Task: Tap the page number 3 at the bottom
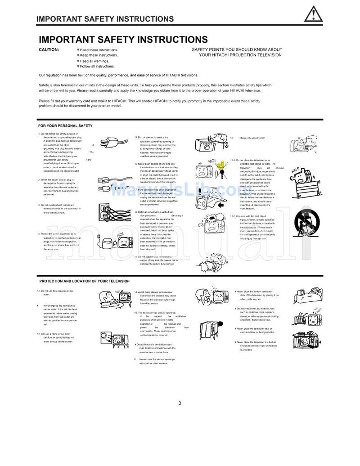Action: tap(180, 403)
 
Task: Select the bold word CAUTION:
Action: tap(49, 49)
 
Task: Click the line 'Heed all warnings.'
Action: tap(94, 61)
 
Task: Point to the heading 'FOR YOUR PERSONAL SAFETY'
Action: tap(65, 125)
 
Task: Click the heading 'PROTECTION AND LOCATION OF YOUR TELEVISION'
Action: tap(85, 281)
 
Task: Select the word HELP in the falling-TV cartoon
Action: tap(295, 170)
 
